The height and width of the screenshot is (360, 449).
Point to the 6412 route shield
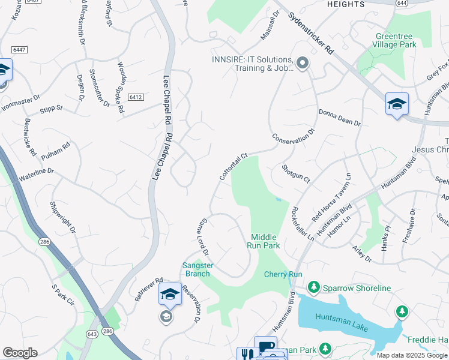pos(135,97)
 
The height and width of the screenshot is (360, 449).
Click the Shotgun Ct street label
pos(296,174)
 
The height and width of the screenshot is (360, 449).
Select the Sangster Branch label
pos(196,269)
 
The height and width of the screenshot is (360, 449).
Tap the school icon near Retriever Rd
pos(170,294)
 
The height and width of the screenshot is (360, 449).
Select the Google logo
pos(20,353)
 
